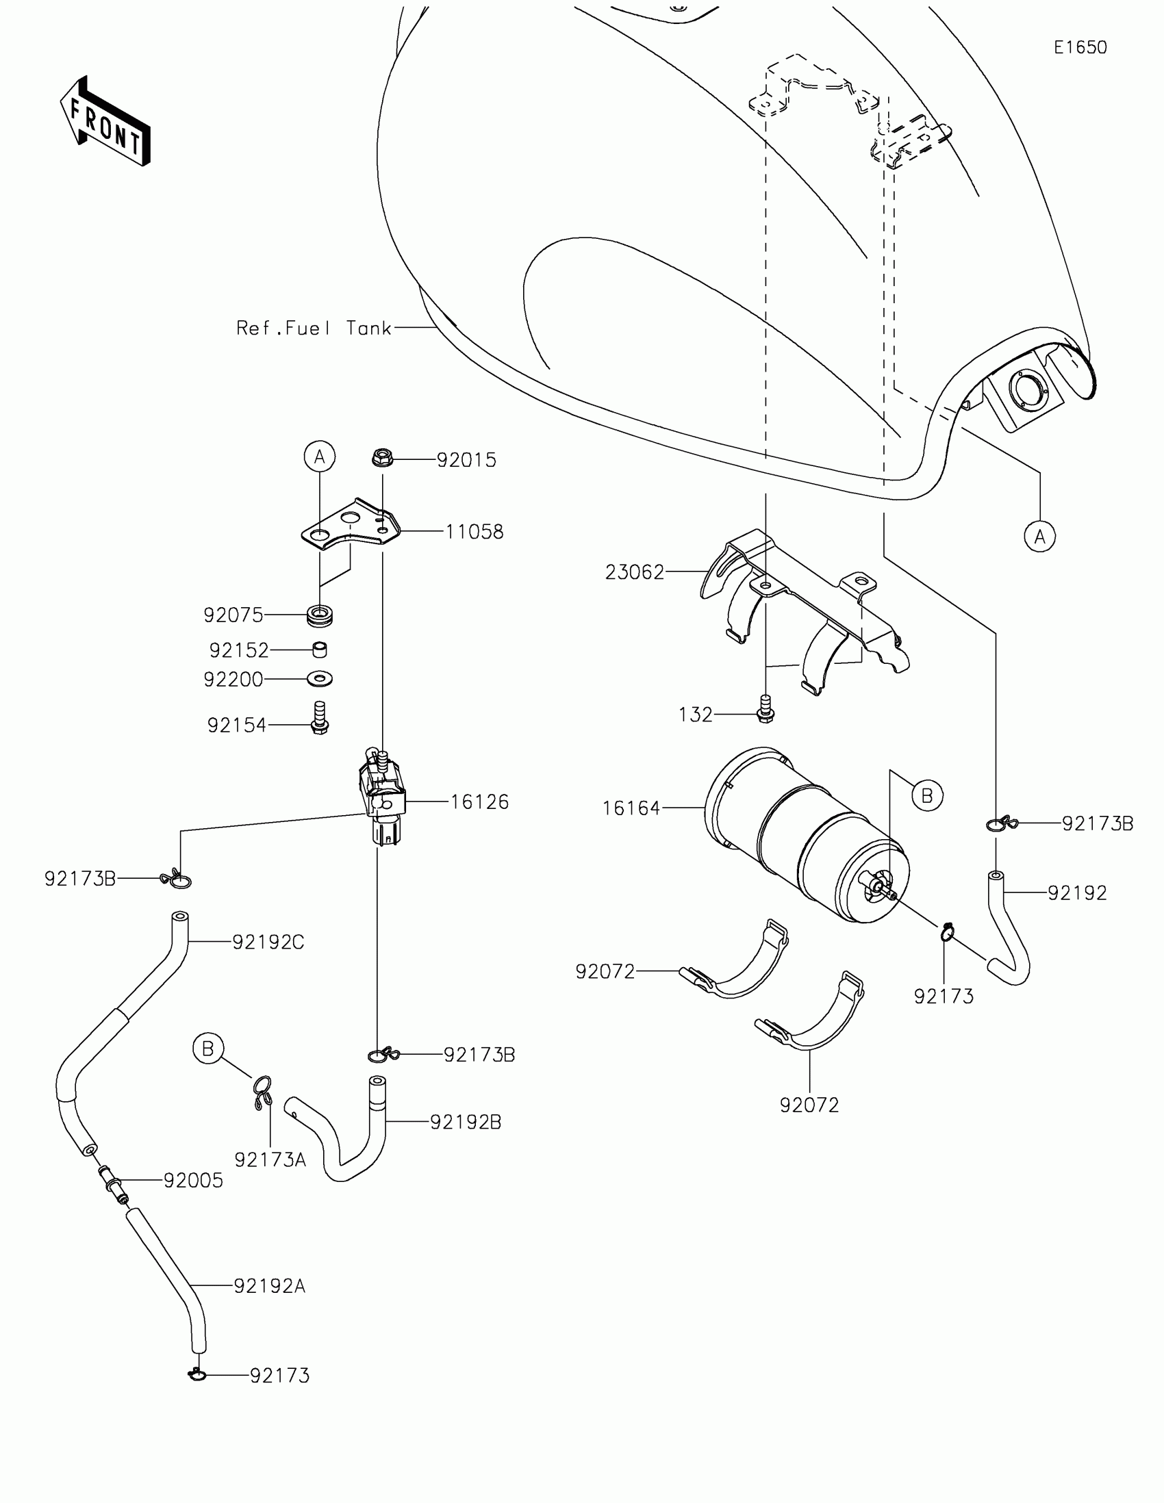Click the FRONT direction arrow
point(105,121)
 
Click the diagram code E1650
point(1080,47)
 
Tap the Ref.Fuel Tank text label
point(313,329)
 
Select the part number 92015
point(467,461)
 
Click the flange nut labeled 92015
point(382,457)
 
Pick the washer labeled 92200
point(319,679)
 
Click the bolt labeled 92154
point(319,719)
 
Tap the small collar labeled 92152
point(319,650)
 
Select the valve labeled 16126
point(382,798)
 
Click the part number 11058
point(475,532)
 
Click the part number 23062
point(635,572)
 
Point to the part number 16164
point(631,808)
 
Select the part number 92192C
point(268,942)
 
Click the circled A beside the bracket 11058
point(319,457)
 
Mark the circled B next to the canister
point(926,795)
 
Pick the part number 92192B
point(466,1122)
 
